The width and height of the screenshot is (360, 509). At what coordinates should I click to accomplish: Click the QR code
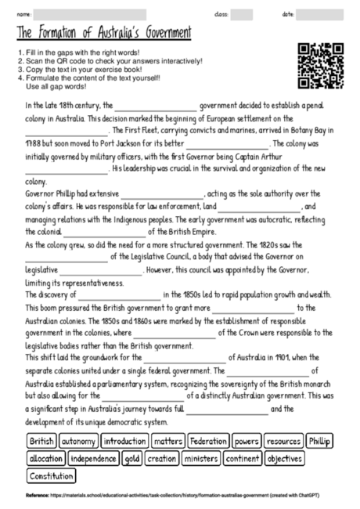(321, 65)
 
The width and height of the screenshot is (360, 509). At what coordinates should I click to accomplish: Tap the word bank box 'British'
(41, 441)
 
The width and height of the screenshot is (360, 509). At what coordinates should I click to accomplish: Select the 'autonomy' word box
(78, 441)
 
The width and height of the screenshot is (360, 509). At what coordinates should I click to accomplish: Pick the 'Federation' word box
(207, 441)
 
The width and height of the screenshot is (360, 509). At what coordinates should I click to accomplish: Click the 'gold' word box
(131, 458)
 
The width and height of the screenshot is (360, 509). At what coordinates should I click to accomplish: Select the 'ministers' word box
(202, 458)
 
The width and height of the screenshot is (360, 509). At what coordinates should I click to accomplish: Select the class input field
(241, 14)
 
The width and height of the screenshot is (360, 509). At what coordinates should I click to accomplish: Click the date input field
(317, 14)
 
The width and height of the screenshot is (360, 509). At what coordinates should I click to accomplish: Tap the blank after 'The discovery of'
(117, 294)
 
